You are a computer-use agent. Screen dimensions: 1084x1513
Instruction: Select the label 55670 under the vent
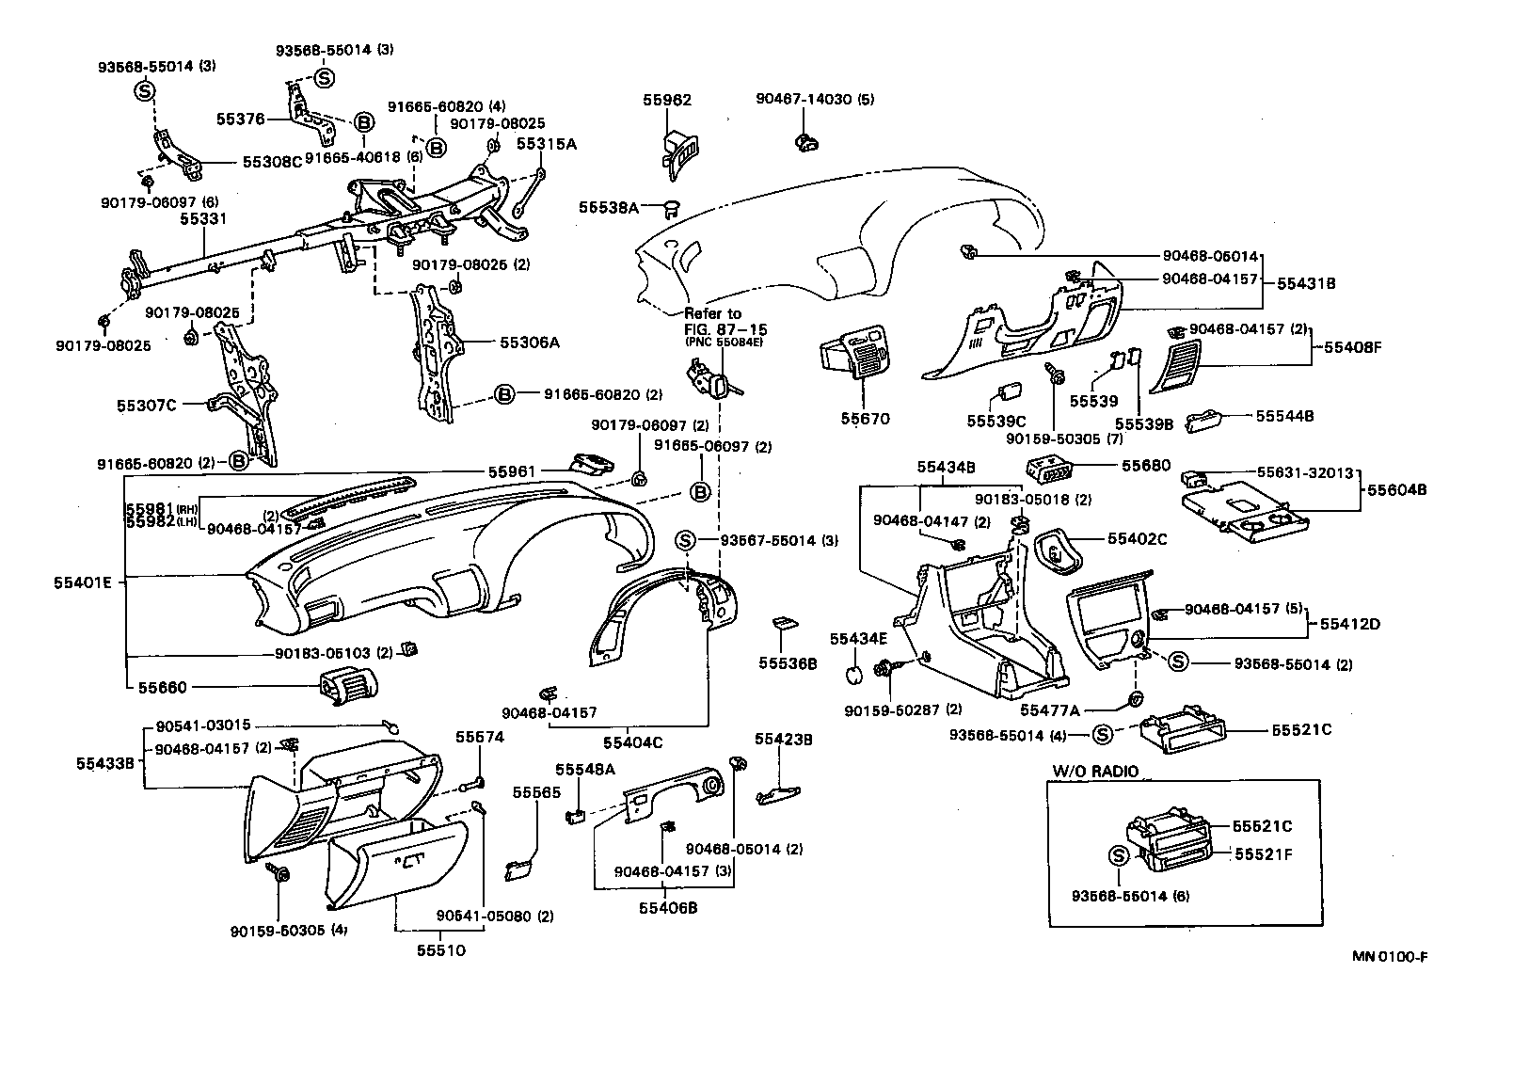tap(865, 419)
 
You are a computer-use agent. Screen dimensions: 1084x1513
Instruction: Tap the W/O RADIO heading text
tap(1094, 772)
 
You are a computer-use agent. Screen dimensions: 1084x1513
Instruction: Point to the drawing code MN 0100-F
tap(1391, 957)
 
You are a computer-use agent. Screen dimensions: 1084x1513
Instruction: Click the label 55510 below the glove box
tap(440, 951)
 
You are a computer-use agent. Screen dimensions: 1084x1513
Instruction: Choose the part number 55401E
tap(83, 582)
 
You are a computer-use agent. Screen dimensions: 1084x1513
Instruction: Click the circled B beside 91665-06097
tap(700, 491)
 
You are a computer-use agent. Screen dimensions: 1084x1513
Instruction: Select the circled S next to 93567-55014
tap(685, 540)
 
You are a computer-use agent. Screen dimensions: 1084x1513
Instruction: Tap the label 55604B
tap(1397, 490)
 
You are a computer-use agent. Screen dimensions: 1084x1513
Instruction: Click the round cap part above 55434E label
tap(854, 675)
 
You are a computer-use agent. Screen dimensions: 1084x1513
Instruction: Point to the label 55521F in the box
tap(1264, 853)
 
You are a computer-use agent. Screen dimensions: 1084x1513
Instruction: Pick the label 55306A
tap(529, 343)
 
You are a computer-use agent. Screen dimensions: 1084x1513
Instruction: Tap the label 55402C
tap(1137, 539)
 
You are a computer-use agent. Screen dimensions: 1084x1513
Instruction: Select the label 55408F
tap(1352, 346)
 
